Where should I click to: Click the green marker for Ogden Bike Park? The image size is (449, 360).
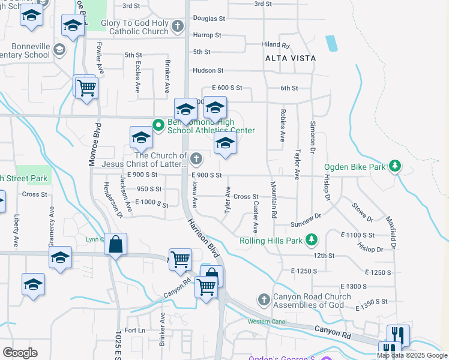pos(394,165)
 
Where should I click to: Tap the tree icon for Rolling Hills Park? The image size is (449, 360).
pos(311,241)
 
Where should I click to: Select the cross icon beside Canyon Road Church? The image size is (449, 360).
pos(263,299)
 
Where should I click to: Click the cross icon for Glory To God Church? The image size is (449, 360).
pos(177,27)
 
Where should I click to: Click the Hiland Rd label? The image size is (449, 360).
pos(276,46)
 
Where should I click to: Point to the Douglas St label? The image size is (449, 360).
pos(209,19)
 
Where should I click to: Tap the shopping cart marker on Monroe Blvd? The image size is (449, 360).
pos(86,88)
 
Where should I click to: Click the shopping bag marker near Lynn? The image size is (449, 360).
pos(115,245)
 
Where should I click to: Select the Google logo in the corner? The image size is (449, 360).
pos(20,353)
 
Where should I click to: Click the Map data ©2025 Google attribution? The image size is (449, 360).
pos(412,355)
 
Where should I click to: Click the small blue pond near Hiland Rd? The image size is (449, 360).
pos(331,43)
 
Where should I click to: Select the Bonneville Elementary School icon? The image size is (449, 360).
pos(59,50)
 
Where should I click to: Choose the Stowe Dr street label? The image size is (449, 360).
pos(363,213)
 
